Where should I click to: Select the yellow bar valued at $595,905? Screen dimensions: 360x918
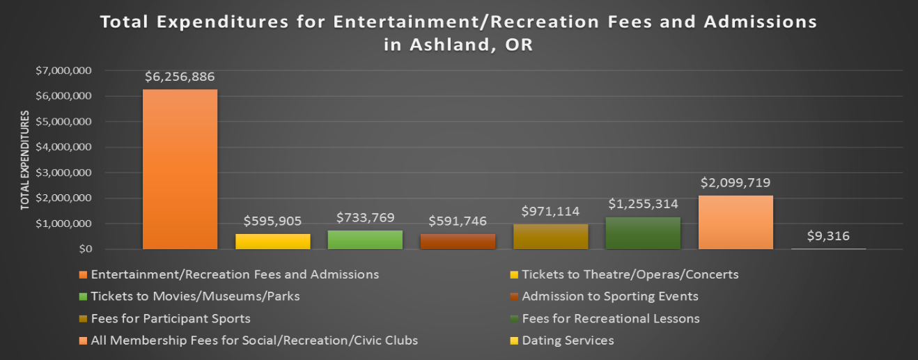point(272,241)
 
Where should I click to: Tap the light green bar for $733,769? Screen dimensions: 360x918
point(365,240)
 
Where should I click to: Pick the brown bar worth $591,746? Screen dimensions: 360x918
point(458,241)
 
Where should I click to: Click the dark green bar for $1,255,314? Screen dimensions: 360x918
point(643,233)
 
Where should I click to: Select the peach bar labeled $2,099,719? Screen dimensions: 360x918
point(736,222)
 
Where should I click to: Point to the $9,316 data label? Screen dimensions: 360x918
point(828,236)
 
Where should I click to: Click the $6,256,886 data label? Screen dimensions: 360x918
point(180,77)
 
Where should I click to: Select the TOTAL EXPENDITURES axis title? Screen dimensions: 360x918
point(24,159)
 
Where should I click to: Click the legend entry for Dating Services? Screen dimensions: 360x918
point(568,341)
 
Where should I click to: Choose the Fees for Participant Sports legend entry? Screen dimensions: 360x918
point(171,318)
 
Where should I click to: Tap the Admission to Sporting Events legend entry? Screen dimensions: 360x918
point(609,296)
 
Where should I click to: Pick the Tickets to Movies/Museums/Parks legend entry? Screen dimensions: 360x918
point(195,296)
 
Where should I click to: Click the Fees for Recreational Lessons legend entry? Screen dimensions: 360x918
point(610,318)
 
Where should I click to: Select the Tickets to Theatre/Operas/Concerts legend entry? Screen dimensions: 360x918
point(630,274)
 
